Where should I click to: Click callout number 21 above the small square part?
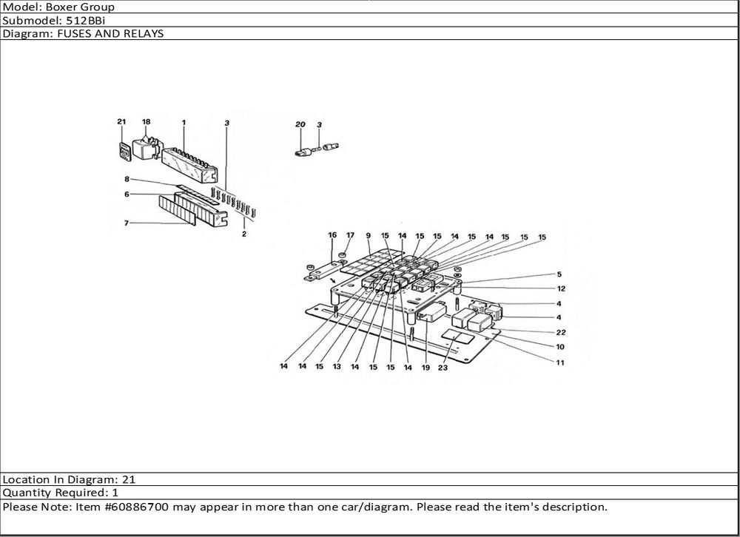[x=121, y=121]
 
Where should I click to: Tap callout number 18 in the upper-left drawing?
[x=146, y=121]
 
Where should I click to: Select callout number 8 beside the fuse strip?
[x=127, y=179]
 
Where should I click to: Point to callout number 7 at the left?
[x=127, y=223]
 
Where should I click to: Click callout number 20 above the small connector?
[x=300, y=125]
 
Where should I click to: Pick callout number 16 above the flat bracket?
[x=332, y=235]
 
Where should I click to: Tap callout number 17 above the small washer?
[x=350, y=235]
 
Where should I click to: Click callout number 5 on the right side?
[x=560, y=274]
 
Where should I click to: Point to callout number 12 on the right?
[x=561, y=288]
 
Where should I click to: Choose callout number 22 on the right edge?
[x=561, y=332]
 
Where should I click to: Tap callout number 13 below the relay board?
[x=337, y=367]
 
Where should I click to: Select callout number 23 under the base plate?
[x=443, y=367]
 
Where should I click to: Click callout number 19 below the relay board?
[x=425, y=367]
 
